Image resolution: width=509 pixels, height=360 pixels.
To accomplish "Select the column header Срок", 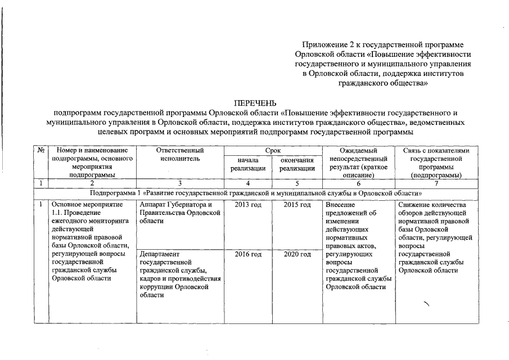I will pos(272,151).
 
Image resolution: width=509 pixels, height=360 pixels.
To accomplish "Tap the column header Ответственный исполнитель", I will pos(179,155).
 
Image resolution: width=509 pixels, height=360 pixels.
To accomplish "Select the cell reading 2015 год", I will pos(297,205).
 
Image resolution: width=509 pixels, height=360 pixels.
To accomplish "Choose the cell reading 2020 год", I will pos(297,255).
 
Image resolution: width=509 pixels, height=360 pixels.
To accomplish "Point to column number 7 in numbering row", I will pos(436,183).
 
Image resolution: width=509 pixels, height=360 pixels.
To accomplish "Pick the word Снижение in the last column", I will pos(416,205).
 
